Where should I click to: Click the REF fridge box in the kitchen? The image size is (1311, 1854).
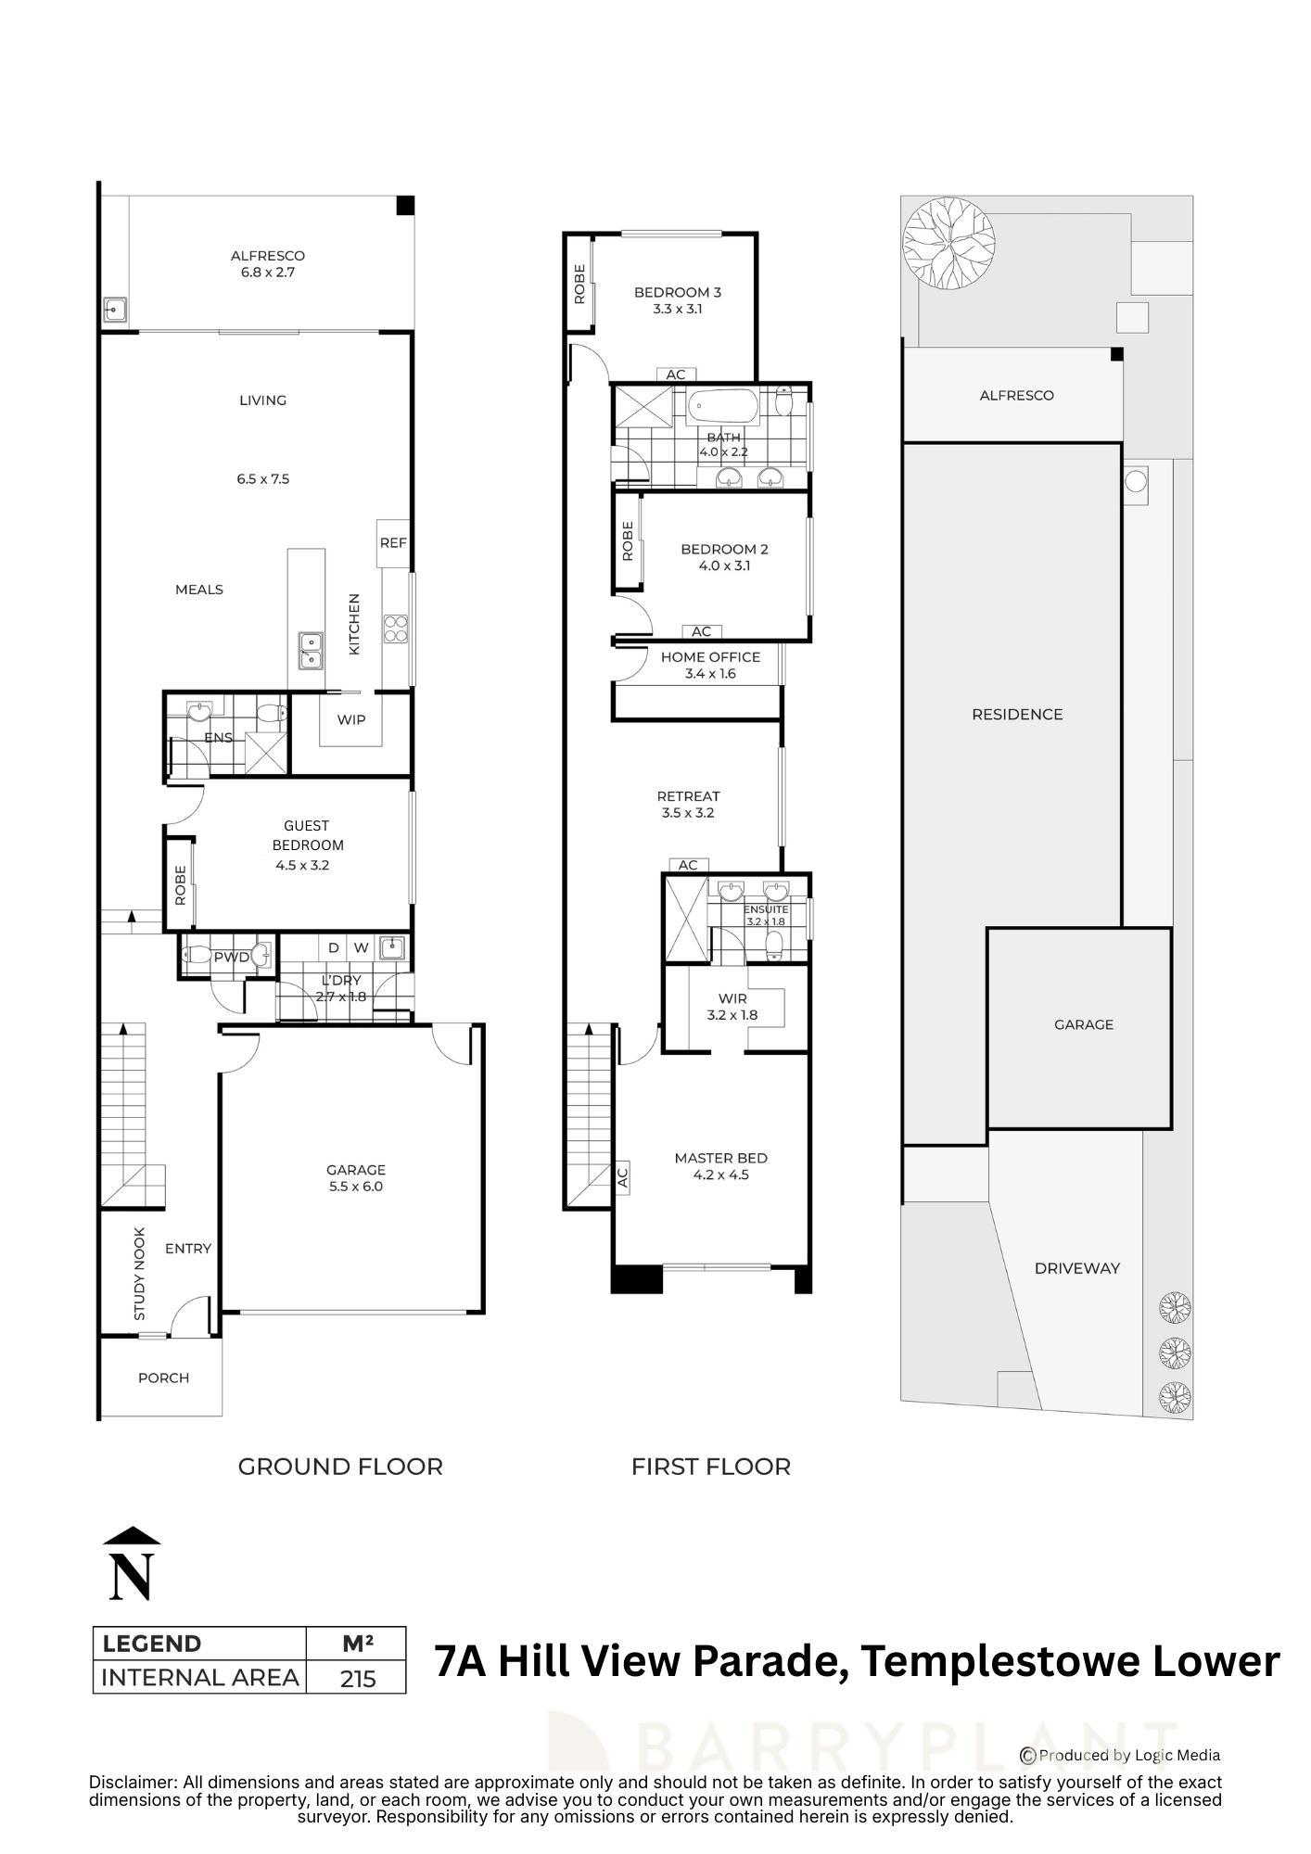point(393,543)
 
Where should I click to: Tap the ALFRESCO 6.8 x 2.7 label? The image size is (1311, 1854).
point(267,264)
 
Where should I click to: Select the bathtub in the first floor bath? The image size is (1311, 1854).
point(722,406)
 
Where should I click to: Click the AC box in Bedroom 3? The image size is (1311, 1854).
point(676,375)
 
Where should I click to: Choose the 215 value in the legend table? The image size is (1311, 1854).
point(357,1678)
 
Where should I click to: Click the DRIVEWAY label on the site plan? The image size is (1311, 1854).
point(1076,1268)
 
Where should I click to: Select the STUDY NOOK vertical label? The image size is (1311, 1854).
point(140,1275)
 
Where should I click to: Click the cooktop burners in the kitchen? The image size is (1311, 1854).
point(396,629)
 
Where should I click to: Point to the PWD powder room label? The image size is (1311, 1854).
point(231,957)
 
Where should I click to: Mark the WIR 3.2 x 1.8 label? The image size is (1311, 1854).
point(732,1007)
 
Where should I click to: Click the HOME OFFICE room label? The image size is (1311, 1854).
point(710,657)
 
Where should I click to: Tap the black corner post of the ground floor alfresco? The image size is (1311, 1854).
point(405,206)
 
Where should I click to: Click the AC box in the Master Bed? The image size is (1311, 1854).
point(622,1177)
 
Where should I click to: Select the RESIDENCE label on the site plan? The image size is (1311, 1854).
point(1017,714)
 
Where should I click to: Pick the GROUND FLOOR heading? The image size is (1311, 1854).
point(340,1467)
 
